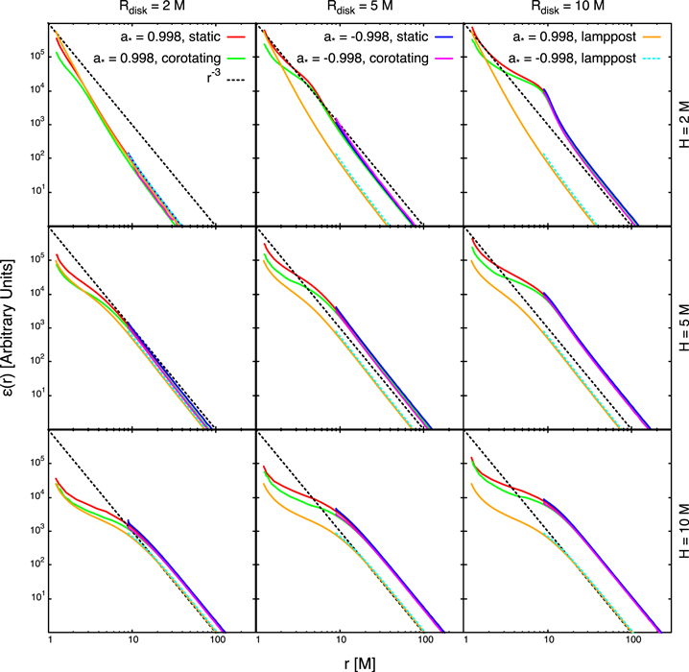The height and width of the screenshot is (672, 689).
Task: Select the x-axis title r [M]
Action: coord(358,661)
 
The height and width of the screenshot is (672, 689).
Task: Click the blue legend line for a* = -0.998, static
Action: coord(445,36)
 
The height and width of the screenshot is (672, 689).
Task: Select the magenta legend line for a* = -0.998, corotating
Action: coord(445,57)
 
